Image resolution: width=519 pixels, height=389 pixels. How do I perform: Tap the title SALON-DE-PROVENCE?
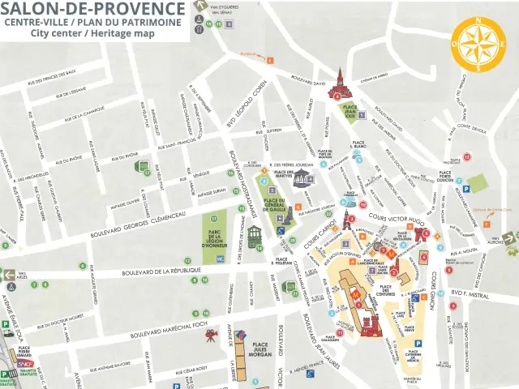pyautogui.click(x=92, y=9)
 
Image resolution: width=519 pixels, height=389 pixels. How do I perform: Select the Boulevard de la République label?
pyautogui.click(x=161, y=271)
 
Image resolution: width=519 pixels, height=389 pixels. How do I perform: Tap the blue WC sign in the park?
pyautogui.click(x=220, y=259)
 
